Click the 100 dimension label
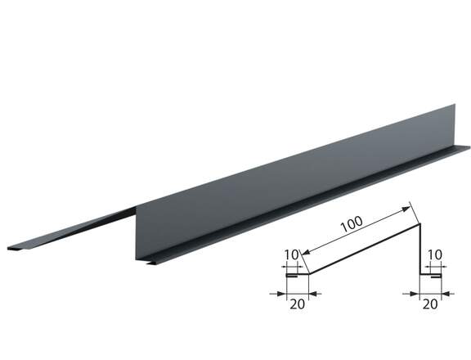point(352,223)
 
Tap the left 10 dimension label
point(291,254)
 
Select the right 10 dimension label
point(435,254)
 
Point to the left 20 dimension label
point(297,304)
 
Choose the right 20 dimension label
point(430,304)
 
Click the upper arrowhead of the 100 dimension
point(406,209)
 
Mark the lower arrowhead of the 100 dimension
point(306,253)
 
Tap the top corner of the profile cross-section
point(419,224)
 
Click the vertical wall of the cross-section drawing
point(419,249)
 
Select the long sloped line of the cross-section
point(365,249)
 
